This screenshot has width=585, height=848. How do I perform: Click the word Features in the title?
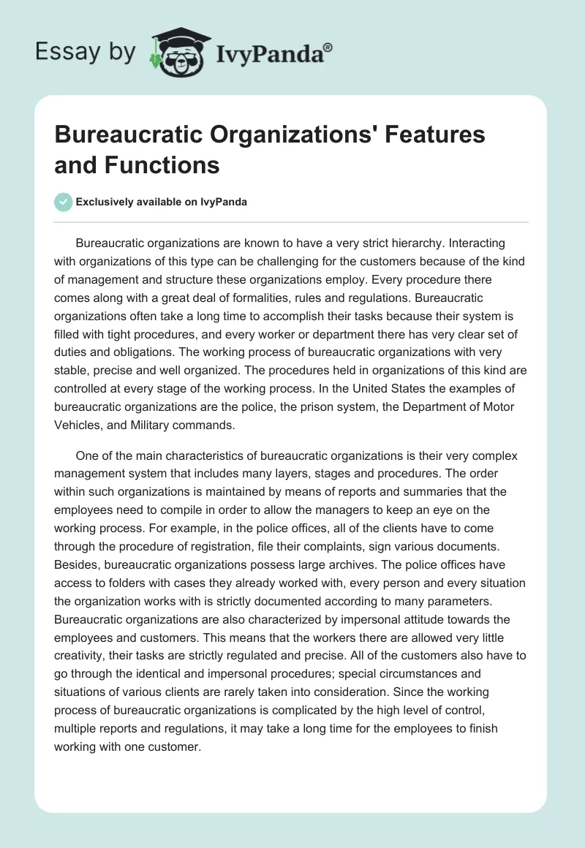coord(410,135)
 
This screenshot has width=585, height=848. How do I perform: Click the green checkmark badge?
coord(64,202)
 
